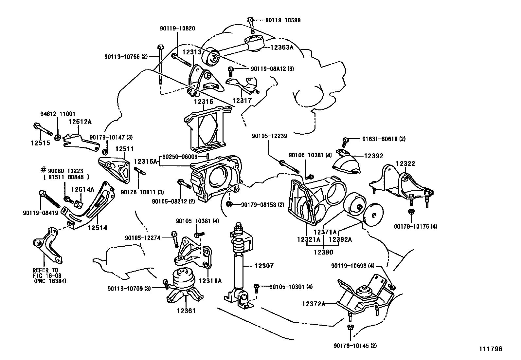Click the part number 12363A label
tap(282, 47)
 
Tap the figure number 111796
tap(491, 349)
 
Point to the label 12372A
tap(314, 304)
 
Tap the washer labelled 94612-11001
tap(57, 137)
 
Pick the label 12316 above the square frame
tap(203, 102)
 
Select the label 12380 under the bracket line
tap(323, 252)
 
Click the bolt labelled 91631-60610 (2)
tap(345, 142)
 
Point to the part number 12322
tap(405, 163)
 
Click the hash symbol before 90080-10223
tap(43, 170)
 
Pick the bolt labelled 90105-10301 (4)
tap(257, 287)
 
